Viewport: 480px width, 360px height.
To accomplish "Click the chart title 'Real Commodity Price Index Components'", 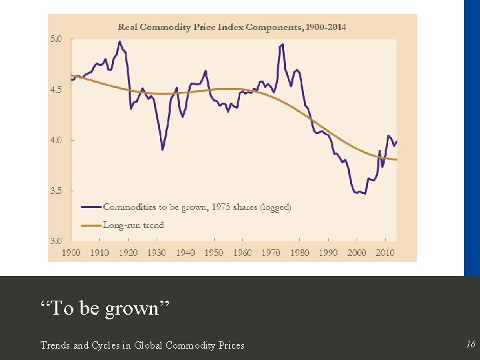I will pos(232,27).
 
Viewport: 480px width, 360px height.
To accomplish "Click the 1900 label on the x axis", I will pos(71,253).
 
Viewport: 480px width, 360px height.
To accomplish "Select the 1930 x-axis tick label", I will pos(157,253).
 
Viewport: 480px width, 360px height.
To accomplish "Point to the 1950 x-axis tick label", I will pos(213,253).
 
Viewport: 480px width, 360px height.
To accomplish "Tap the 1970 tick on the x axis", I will pos(271,253).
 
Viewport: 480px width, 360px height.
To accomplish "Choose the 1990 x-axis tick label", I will pos(328,253).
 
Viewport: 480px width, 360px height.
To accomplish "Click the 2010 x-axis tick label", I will pos(385,253).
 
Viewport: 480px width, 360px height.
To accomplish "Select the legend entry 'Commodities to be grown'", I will pos(197,207).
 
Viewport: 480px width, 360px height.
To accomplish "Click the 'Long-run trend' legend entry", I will pos(133,225).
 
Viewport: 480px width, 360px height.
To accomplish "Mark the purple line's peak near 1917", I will pos(119,42).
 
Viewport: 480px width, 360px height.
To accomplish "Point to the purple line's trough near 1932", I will pos(162,149).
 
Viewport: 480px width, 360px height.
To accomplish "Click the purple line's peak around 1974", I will pos(283,45).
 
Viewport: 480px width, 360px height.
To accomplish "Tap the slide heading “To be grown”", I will pos(105,309).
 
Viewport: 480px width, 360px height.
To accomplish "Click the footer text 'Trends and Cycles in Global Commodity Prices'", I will pos(142,345).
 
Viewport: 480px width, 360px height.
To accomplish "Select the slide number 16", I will pos(471,344).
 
